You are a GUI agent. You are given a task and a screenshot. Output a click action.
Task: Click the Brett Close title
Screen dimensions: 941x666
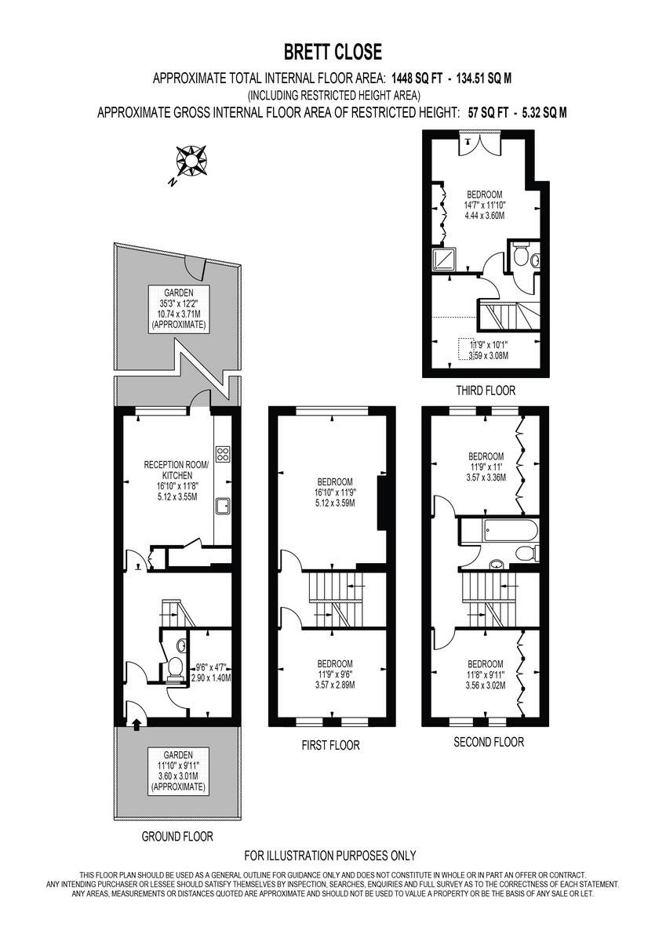click(333, 53)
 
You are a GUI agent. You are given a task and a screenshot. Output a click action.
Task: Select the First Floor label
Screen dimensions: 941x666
click(330, 745)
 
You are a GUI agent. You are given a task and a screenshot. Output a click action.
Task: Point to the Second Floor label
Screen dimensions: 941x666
click(489, 742)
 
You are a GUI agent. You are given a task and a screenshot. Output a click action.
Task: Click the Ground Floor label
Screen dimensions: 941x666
click(177, 836)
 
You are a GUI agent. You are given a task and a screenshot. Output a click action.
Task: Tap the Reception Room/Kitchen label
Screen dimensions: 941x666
click(177, 470)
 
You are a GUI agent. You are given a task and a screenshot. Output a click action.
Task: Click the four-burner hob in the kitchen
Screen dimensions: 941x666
click(222, 454)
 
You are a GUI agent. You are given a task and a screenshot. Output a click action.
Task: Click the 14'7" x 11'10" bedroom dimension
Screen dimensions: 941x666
click(484, 206)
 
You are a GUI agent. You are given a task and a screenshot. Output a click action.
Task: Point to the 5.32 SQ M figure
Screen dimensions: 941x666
click(542, 112)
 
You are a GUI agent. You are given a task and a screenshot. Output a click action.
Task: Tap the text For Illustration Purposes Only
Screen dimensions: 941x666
click(330, 856)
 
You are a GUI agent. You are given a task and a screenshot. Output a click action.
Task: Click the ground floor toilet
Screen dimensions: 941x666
click(174, 669)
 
